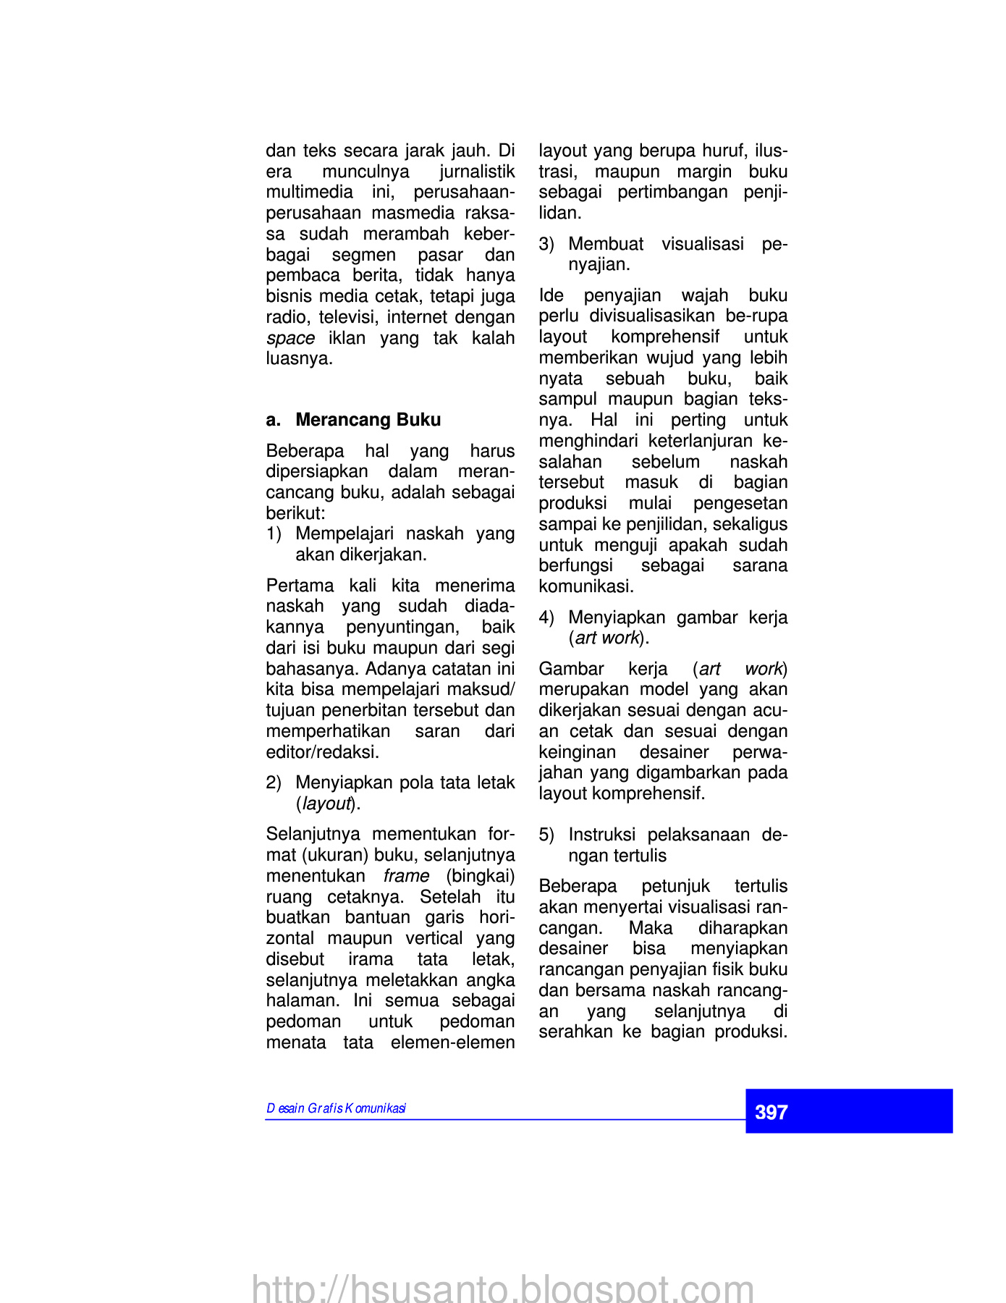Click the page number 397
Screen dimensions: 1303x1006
point(771,1112)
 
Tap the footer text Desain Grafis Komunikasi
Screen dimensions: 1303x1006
point(336,1108)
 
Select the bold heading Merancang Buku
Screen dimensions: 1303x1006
point(368,420)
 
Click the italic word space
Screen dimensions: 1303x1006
point(290,338)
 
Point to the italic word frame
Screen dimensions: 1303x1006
point(406,876)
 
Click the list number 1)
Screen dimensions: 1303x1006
point(274,534)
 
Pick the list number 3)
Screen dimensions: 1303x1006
point(546,244)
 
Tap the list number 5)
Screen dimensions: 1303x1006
point(546,835)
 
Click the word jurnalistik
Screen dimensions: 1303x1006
point(477,172)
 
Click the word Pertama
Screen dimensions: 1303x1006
point(299,585)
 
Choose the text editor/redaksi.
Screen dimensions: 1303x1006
point(322,752)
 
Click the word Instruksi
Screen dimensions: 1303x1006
point(601,835)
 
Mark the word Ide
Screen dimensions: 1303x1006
point(551,295)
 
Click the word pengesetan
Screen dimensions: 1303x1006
point(740,503)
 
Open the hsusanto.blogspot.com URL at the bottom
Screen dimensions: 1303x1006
point(502,1289)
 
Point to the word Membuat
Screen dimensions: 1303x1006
point(606,244)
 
